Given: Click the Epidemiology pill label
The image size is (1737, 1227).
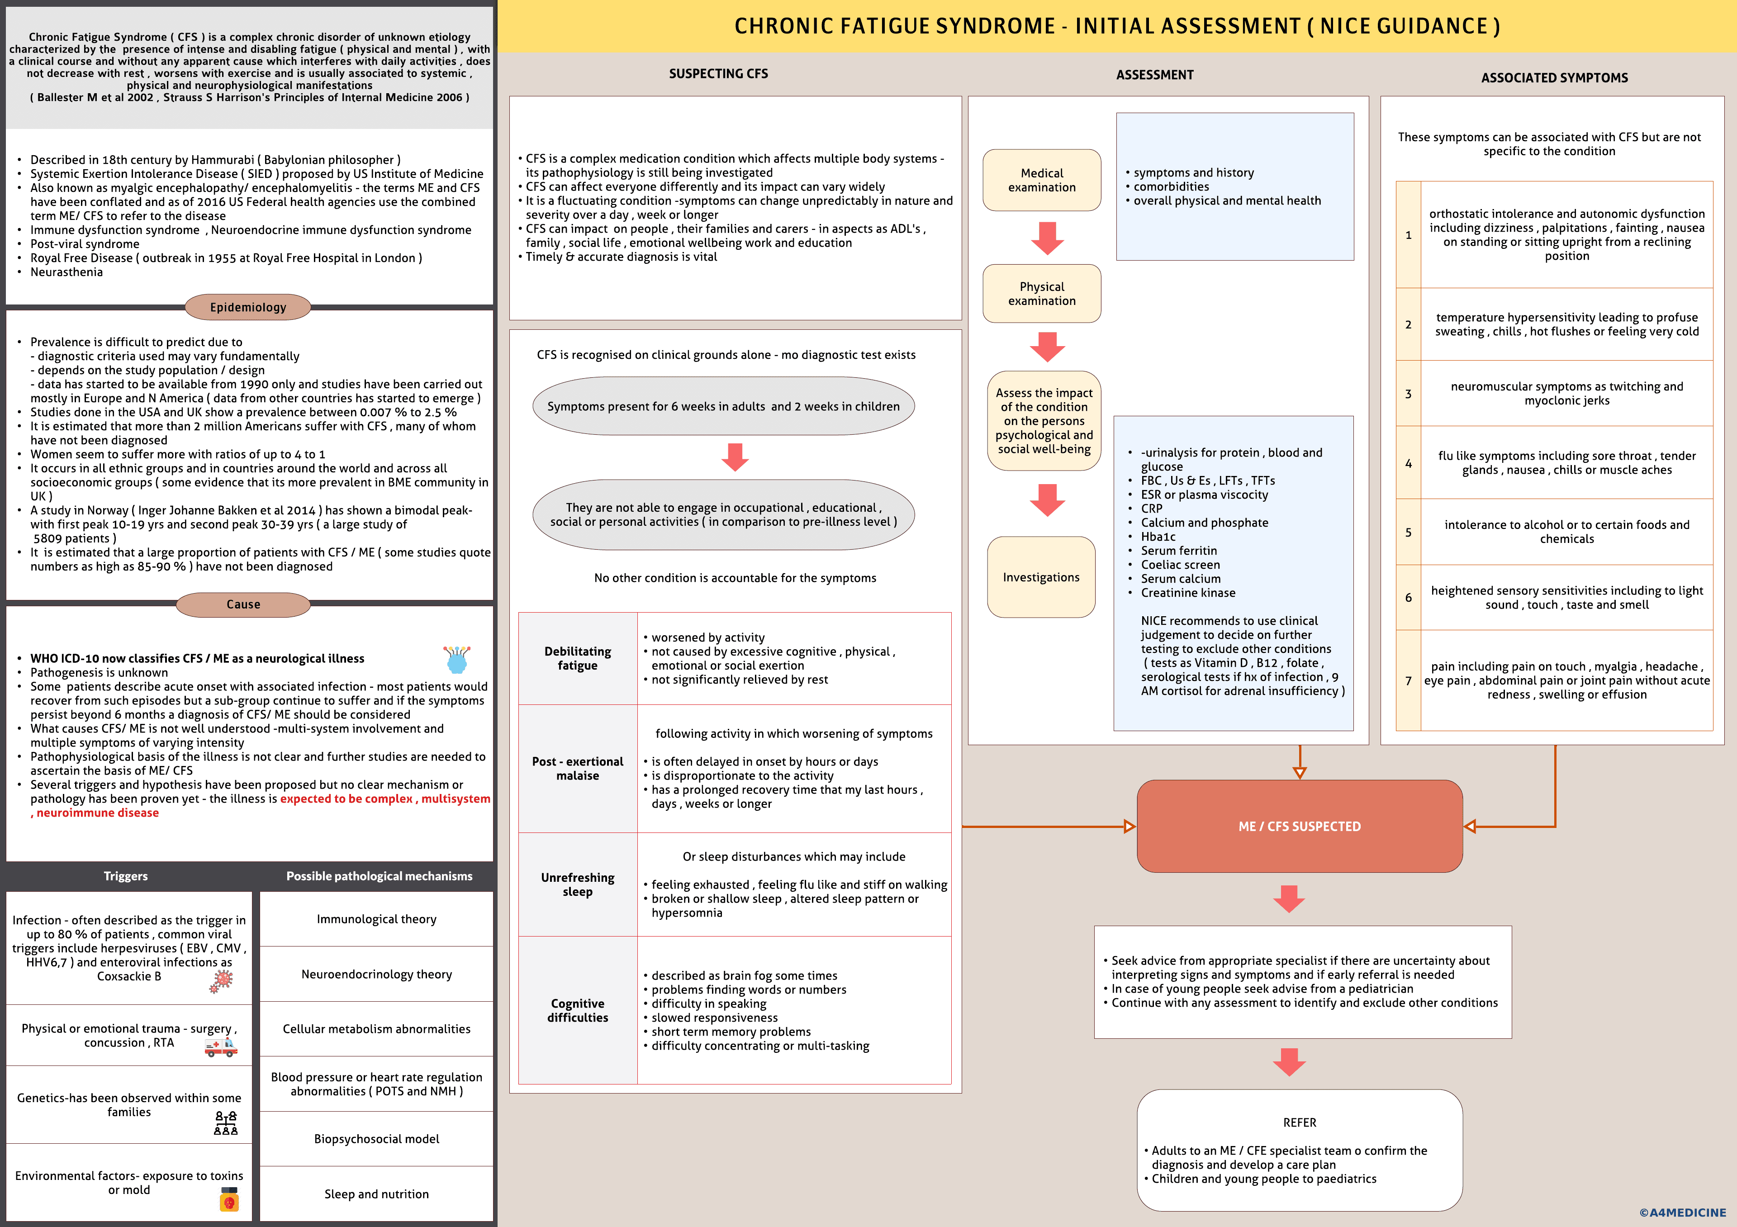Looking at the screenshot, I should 248,307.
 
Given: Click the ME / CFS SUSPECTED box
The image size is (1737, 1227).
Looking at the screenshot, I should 1299,826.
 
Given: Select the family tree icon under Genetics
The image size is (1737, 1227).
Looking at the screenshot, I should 225,1123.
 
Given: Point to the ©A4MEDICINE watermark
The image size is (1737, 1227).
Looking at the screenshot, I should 1683,1213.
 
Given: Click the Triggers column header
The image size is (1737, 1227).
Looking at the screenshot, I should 126,876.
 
